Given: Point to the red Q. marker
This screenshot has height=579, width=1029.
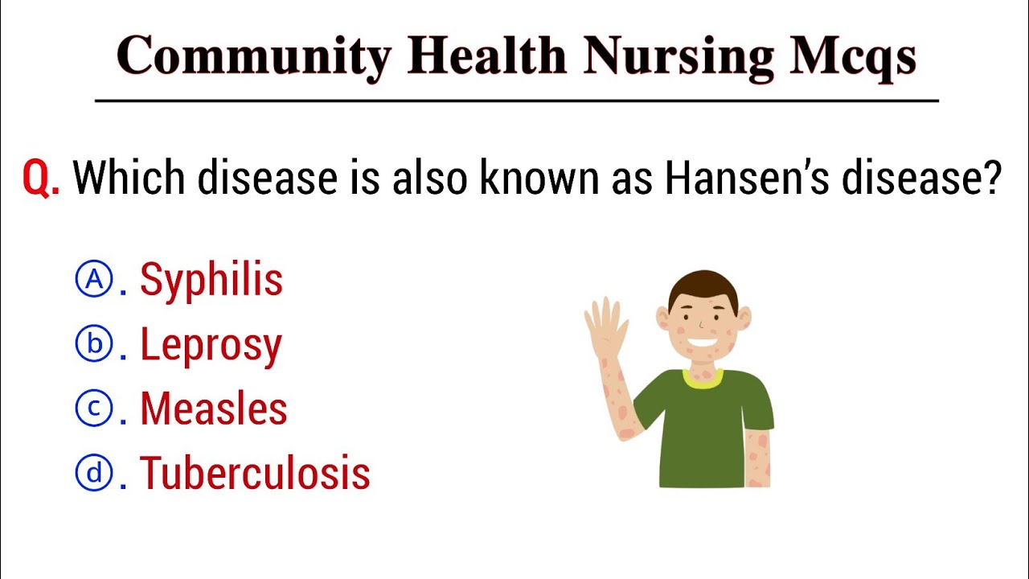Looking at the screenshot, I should click(41, 179).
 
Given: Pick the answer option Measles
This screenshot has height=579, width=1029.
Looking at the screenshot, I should click(213, 409).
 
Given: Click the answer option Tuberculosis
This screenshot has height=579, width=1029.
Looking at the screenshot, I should click(255, 473).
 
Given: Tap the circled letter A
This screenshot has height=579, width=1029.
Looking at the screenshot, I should click(94, 280).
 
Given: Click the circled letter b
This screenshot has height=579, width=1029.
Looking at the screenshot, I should click(94, 344).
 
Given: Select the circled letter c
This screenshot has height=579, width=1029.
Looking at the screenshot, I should click(94, 409).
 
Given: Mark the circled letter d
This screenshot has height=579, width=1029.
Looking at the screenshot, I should click(94, 473).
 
